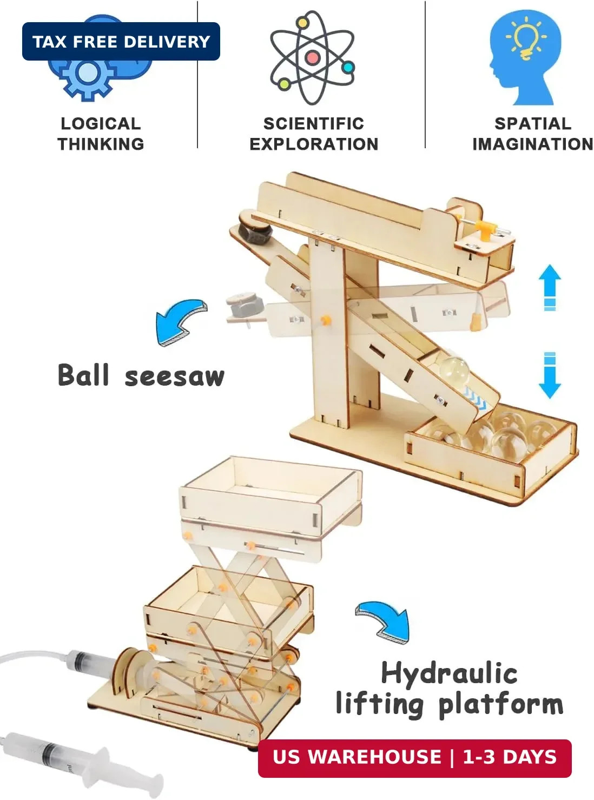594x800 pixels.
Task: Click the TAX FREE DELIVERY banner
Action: (121, 41)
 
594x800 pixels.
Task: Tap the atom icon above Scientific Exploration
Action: (313, 58)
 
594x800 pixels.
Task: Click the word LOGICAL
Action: (101, 124)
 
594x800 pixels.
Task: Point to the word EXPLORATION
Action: (314, 144)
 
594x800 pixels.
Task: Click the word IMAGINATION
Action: (533, 144)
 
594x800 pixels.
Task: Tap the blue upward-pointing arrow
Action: (550, 288)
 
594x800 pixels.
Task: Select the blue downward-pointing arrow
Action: (550, 375)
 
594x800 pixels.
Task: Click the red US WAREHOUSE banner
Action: (414, 758)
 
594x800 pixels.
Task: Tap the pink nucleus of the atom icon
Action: (313, 57)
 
